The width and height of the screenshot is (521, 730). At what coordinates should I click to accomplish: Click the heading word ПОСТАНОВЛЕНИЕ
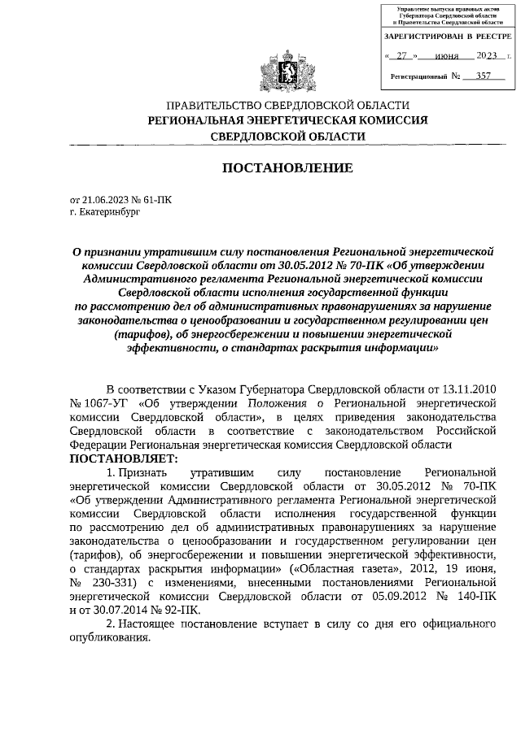(287, 168)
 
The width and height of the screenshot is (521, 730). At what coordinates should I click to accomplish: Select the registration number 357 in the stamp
(486, 76)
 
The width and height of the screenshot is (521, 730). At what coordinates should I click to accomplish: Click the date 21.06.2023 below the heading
(107, 198)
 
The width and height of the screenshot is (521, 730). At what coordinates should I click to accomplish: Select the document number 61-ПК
(158, 198)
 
